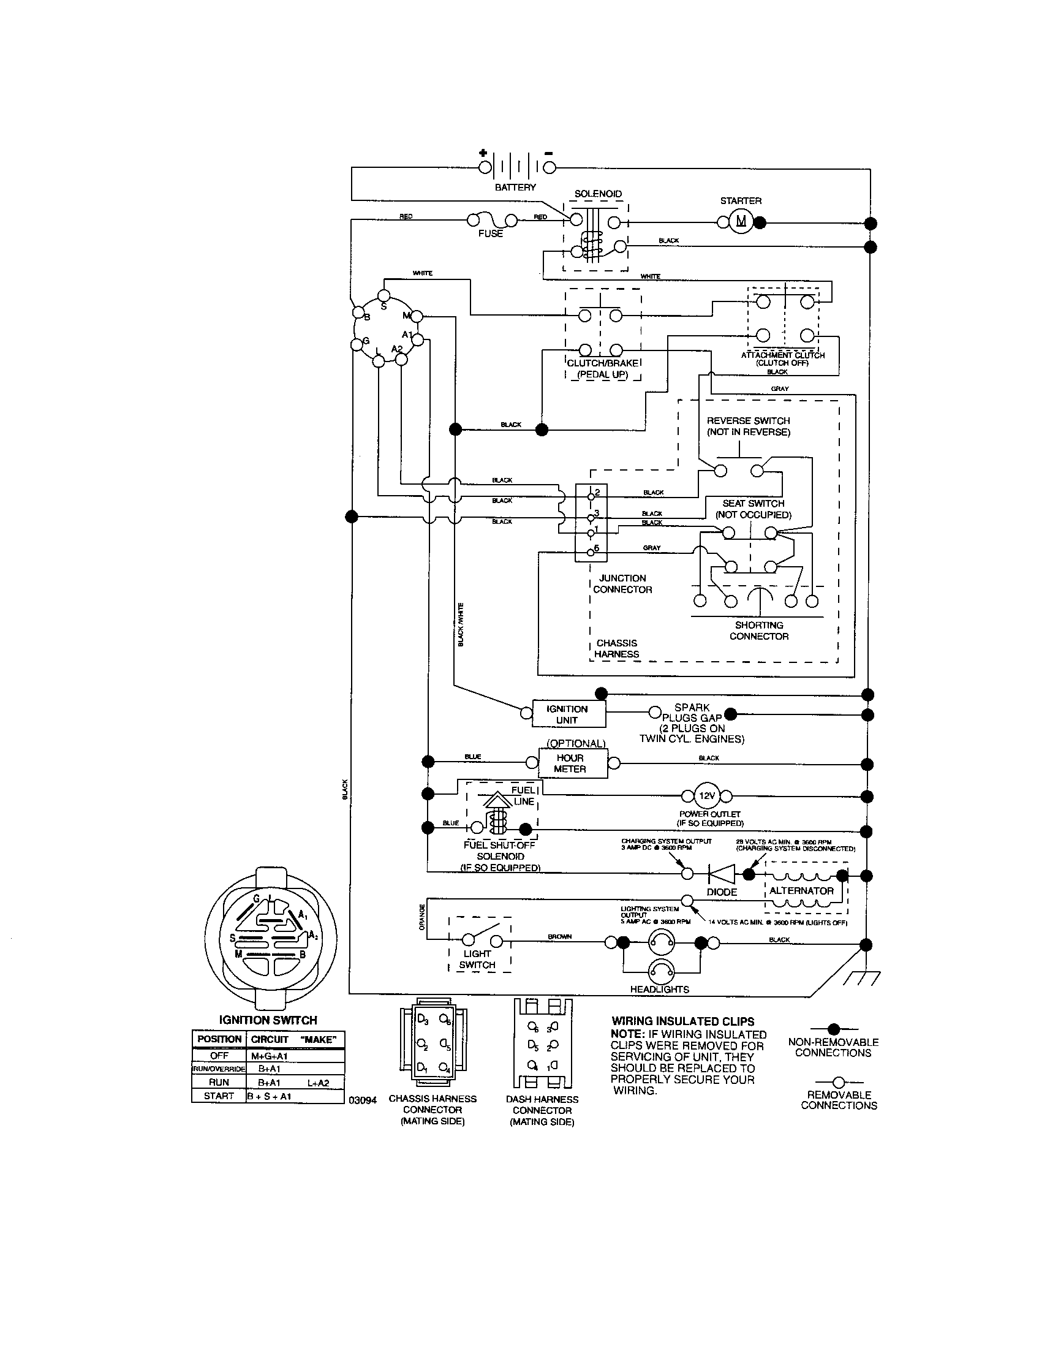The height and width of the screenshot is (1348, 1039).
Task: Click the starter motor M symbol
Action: click(741, 222)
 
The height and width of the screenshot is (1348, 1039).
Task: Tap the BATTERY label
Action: click(515, 187)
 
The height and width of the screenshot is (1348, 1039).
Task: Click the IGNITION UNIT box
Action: click(568, 714)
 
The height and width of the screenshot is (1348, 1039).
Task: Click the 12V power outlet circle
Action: click(706, 795)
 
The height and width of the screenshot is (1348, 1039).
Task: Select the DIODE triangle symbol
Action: click(721, 874)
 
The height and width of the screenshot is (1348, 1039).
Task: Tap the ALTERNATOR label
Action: click(801, 891)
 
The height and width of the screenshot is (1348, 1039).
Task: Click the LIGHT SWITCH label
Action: click(477, 959)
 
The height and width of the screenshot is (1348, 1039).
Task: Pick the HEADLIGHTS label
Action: click(659, 990)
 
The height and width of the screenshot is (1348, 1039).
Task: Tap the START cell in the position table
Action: click(219, 1096)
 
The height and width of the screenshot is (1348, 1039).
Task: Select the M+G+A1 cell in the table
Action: click(270, 1056)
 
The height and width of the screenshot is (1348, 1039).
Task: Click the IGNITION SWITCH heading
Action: click(268, 1020)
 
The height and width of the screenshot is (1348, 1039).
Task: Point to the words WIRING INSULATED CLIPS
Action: click(683, 1021)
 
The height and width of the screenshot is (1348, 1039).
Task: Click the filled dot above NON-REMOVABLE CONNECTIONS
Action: click(834, 1029)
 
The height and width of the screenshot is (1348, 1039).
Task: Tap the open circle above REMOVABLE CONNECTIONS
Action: click(839, 1082)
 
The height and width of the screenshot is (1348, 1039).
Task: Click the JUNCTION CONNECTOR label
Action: click(622, 584)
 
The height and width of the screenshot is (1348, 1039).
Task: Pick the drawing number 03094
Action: click(363, 1100)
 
